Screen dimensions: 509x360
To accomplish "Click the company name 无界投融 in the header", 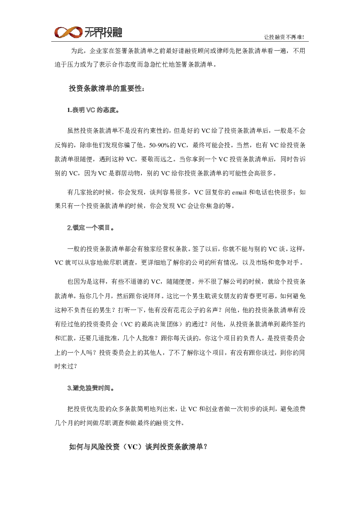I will click(x=103, y=32).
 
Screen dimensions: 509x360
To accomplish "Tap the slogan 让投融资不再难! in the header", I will click(x=284, y=37).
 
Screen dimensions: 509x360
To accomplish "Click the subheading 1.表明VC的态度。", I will click(x=93, y=110).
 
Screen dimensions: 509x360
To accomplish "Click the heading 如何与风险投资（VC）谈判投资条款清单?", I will click(x=138, y=446).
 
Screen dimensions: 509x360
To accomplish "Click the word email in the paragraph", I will click(x=239, y=192).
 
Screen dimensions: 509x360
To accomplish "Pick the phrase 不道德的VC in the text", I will click(x=139, y=281).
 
